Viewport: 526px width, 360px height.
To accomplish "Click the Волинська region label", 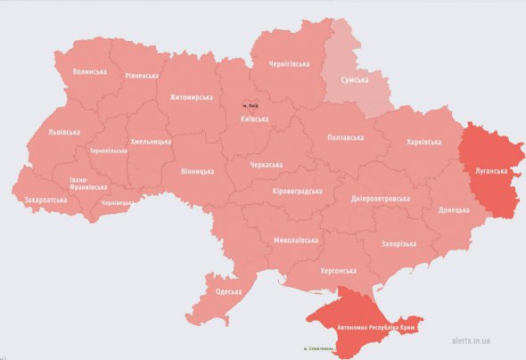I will point(90,71).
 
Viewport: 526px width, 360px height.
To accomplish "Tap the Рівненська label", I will point(143,77).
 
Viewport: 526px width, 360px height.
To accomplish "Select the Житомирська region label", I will point(193,97).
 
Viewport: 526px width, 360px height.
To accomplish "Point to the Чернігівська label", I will point(290,64).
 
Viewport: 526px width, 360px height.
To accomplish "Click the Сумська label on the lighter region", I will point(360,80).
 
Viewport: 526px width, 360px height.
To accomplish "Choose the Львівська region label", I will point(64,132).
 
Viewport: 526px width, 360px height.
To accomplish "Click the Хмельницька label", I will point(151,141).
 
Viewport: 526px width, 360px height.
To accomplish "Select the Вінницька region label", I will point(197,170).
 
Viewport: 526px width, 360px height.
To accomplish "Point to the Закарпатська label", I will point(45,200).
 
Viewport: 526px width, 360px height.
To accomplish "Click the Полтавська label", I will point(346,138).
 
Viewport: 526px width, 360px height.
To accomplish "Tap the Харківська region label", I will point(424,142).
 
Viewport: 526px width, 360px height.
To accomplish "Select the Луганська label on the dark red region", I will point(491,169).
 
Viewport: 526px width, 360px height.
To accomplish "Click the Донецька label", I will point(454,210).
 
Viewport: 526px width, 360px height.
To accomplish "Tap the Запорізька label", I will point(397,243).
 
